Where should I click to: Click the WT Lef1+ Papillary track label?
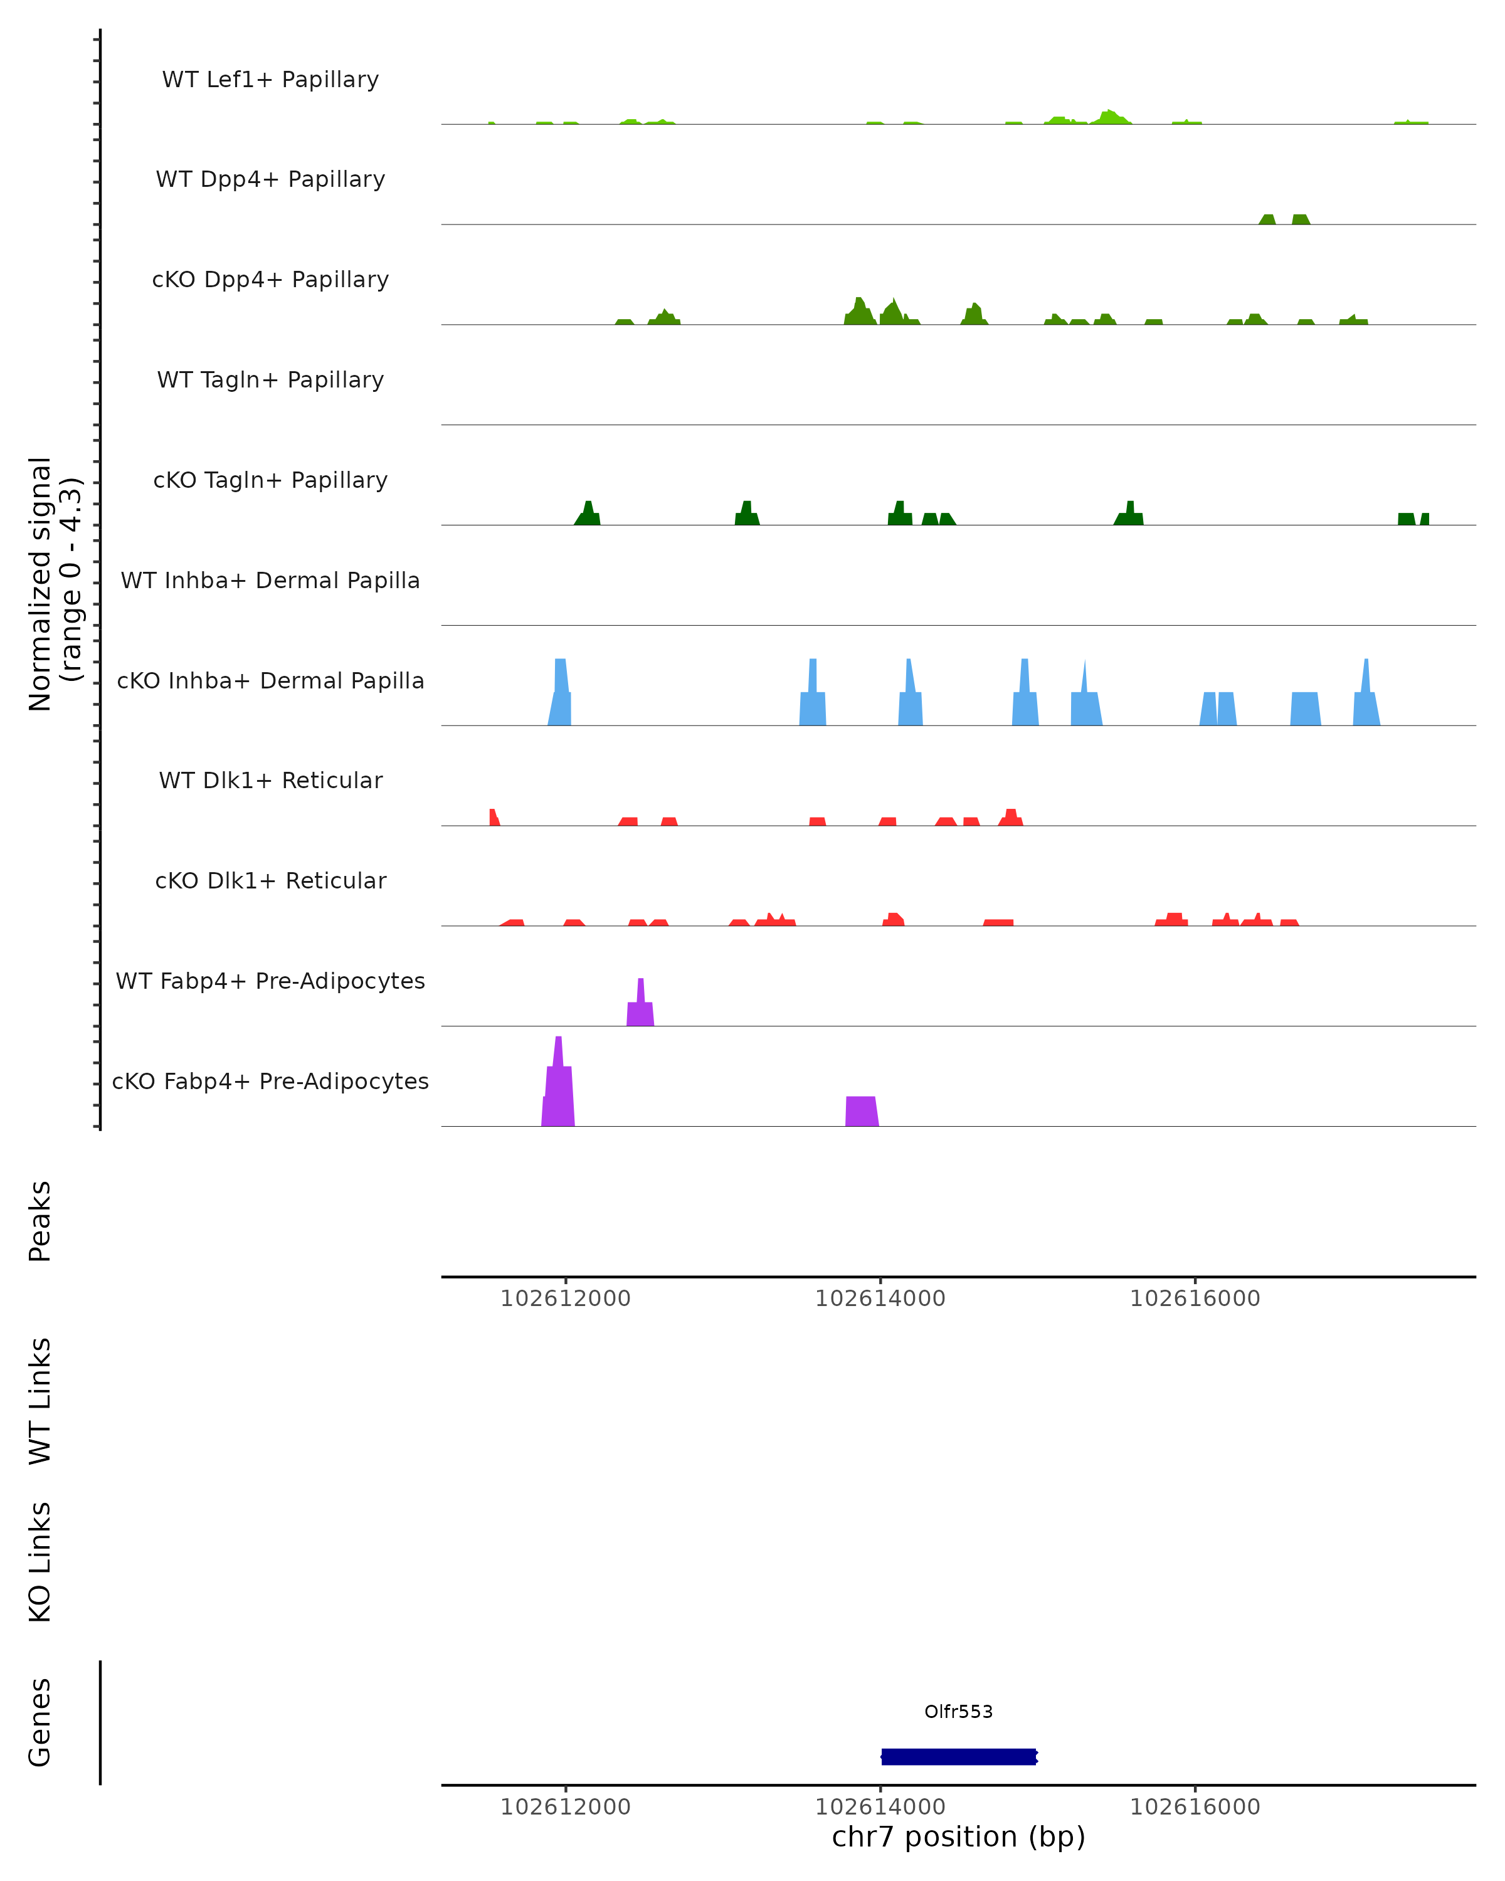click(270, 80)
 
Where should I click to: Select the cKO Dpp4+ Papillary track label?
click(270, 280)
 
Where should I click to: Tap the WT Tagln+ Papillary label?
click(270, 381)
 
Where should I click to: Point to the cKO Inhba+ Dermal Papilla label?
click(270, 682)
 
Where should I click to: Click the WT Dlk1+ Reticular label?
click(270, 781)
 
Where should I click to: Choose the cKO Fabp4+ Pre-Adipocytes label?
click(270, 1082)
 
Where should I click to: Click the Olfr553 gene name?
click(958, 1712)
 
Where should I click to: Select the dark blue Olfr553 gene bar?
click(958, 1756)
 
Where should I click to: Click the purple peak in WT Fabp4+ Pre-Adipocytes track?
click(640, 1008)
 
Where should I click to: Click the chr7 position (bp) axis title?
click(958, 1836)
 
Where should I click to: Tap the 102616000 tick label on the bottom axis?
click(1195, 1807)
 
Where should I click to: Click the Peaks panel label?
click(40, 1221)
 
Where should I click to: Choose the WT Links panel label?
click(40, 1400)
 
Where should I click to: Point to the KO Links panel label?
click(40, 1562)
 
